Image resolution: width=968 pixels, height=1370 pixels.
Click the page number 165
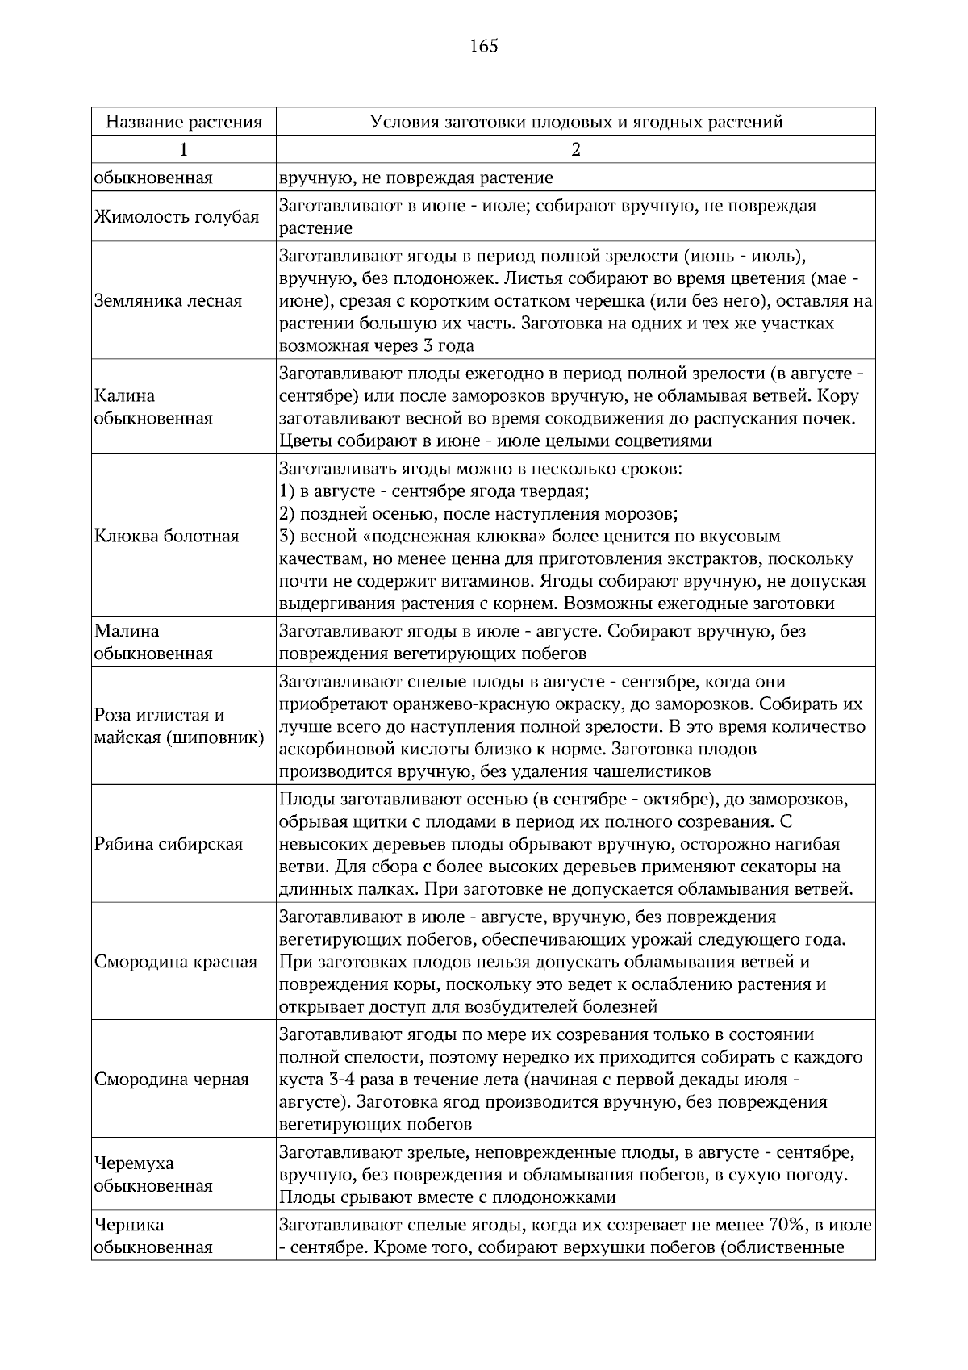(483, 46)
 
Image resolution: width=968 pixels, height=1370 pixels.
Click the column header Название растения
(184, 123)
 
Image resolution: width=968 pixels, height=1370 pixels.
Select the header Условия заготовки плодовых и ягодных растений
(576, 123)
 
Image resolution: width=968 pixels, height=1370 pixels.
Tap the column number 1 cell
(184, 149)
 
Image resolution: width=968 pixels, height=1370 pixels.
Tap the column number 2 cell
(576, 149)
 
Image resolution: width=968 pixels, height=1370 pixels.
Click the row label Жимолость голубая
(177, 217)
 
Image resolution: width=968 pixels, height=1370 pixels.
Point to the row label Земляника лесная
(168, 301)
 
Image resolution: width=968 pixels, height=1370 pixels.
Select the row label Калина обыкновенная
(153, 407)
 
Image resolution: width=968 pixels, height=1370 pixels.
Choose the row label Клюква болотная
(166, 537)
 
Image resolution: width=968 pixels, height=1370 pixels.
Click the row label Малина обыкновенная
(153, 642)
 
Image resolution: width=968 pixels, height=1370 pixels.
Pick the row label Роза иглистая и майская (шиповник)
(179, 726)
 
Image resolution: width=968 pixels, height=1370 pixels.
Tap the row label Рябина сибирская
(168, 844)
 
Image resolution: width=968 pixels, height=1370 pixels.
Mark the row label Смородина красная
(176, 962)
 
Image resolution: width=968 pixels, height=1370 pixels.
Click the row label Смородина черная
(172, 1080)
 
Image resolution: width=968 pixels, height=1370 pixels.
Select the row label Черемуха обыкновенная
(153, 1175)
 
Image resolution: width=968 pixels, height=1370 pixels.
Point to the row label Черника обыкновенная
(153, 1236)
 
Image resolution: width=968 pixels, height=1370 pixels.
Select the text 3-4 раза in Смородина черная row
(349, 1080)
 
